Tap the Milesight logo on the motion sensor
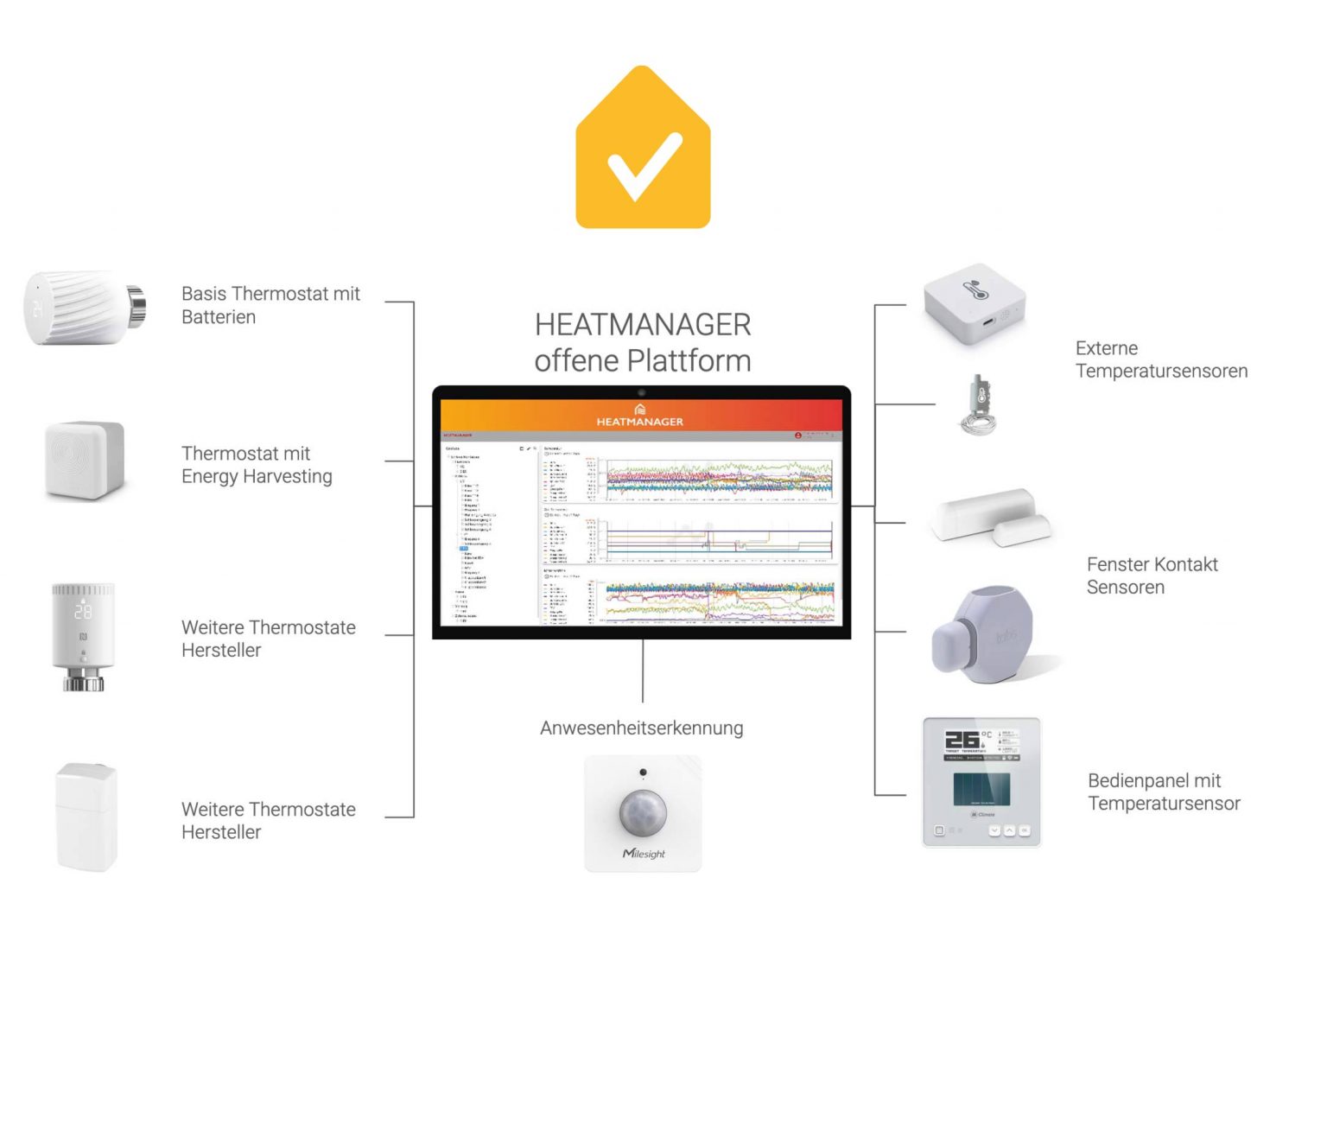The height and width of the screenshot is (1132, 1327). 644,854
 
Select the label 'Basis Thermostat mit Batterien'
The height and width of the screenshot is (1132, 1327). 270,305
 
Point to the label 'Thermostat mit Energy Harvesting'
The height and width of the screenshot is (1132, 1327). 257,465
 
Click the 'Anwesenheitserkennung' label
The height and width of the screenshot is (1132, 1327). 641,728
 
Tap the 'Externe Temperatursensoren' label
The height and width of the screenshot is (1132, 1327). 1161,359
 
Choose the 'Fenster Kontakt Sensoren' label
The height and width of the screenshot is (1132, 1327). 1152,576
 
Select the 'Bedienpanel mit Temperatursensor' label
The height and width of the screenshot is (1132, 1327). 1164,792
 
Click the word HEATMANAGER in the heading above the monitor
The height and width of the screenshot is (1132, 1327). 643,325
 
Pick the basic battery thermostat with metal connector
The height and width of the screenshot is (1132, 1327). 83,308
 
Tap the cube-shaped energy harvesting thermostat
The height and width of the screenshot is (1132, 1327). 85,460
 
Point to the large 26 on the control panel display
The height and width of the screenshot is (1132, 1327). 962,740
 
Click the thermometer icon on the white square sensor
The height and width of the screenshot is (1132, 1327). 975,289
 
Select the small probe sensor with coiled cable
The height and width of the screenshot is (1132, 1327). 979,404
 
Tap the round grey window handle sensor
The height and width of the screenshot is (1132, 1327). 984,635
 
